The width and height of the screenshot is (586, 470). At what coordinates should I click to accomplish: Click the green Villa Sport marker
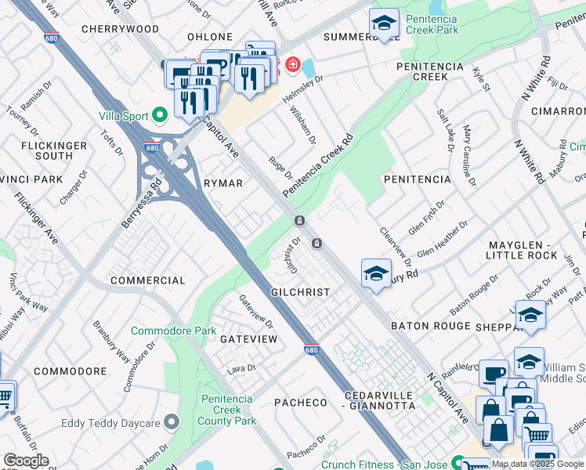tap(161, 116)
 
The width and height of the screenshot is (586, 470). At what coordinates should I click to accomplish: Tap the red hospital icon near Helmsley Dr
tap(292, 63)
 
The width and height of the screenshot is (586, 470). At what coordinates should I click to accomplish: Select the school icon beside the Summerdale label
tap(384, 23)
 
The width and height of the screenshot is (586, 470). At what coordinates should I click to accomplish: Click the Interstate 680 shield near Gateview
tap(311, 351)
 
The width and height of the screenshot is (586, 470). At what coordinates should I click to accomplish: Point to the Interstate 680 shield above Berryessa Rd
tap(153, 147)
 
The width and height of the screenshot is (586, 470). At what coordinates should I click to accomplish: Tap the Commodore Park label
tap(173, 331)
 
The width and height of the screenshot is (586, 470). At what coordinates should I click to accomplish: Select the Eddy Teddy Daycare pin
tap(172, 424)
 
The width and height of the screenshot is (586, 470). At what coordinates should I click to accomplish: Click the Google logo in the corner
tap(26, 461)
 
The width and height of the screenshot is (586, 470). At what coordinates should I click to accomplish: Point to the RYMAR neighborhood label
tap(222, 183)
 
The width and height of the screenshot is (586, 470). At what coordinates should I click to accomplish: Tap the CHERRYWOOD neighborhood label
tap(120, 29)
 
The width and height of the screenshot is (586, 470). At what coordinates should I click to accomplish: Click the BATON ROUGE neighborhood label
tap(430, 325)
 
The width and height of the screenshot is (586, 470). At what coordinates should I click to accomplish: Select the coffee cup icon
tap(493, 374)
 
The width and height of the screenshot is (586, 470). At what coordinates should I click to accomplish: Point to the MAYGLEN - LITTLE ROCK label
tap(522, 250)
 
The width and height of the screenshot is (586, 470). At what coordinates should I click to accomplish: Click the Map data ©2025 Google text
tap(537, 464)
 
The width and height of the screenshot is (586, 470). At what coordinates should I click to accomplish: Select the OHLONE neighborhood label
tap(209, 37)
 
